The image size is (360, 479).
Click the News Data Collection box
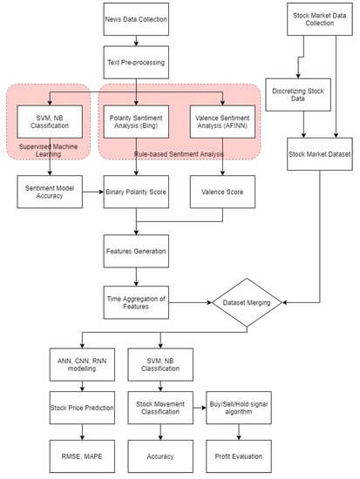pos(136,19)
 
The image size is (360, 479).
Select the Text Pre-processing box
pos(136,63)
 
